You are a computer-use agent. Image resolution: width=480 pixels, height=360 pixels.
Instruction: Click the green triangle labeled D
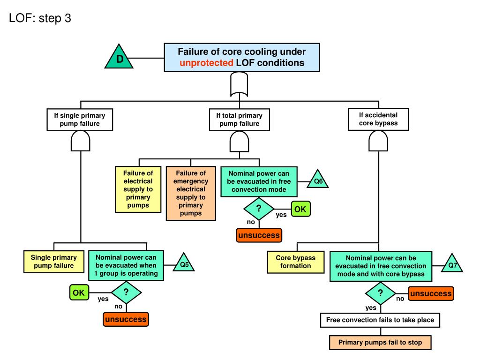pyautogui.click(x=119, y=57)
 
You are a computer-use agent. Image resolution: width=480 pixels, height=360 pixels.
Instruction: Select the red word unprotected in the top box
pyautogui.click(x=206, y=63)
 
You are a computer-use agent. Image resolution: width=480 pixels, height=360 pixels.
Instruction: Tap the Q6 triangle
pyautogui.click(x=317, y=180)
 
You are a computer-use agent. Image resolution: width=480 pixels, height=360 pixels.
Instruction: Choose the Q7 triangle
pyautogui.click(x=452, y=264)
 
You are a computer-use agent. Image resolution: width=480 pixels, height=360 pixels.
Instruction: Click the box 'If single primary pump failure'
pyautogui.click(x=80, y=120)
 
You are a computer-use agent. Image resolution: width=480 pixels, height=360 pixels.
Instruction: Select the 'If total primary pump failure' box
pyautogui.click(x=240, y=120)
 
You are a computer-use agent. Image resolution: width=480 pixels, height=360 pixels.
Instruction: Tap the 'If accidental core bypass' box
pyautogui.click(x=378, y=120)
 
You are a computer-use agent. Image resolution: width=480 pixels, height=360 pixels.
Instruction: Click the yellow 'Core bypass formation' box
pyautogui.click(x=296, y=262)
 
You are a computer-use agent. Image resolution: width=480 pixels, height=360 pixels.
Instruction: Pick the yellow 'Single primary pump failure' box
pyautogui.click(x=54, y=262)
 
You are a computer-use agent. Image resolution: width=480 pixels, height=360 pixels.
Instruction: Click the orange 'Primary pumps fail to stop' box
pyautogui.click(x=380, y=343)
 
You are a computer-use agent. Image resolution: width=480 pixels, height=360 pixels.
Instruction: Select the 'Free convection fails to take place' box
pyautogui.click(x=380, y=320)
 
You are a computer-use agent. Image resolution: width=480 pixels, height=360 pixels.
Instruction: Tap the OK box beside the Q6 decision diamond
pyautogui.click(x=300, y=209)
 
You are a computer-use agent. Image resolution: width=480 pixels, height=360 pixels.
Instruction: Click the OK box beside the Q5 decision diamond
pyautogui.click(x=79, y=292)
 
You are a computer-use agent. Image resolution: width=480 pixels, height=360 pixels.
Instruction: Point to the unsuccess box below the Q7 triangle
pyautogui.click(x=431, y=293)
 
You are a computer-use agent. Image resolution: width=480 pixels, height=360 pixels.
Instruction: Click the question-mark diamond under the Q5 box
pyautogui.click(x=126, y=292)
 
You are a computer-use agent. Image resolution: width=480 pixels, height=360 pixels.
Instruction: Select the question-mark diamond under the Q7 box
pyautogui.click(x=381, y=293)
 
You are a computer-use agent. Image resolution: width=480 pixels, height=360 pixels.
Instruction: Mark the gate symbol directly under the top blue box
pyautogui.click(x=239, y=84)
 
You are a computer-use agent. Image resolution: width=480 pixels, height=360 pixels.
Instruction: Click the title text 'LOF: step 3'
pyautogui.click(x=40, y=18)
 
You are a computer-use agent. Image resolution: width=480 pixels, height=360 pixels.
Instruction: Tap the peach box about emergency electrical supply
pyautogui.click(x=191, y=193)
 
